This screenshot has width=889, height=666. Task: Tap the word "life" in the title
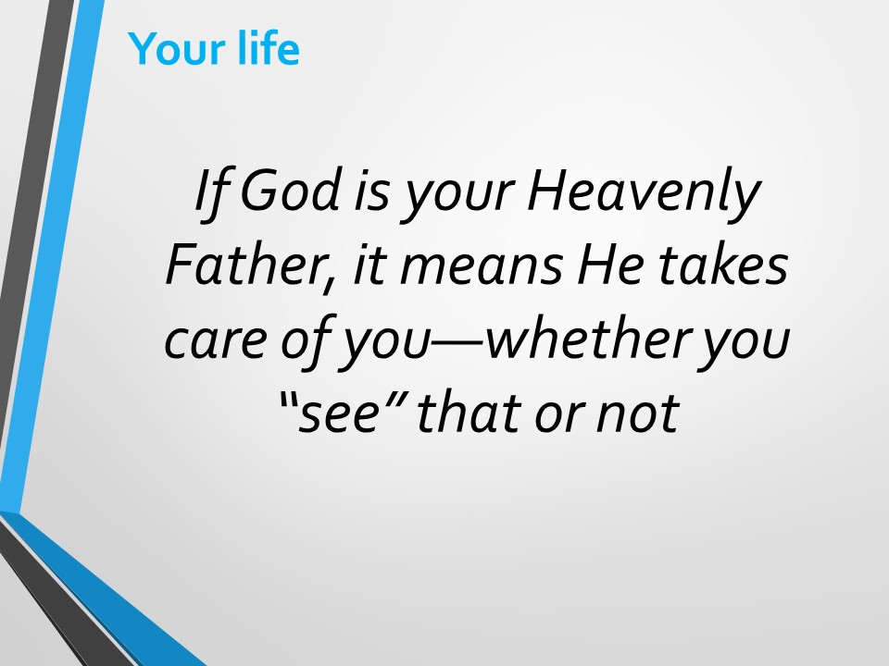(x=269, y=48)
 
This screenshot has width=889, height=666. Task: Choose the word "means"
(x=482, y=269)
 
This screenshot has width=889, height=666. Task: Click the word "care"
(x=216, y=341)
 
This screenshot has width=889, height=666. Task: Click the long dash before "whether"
(x=457, y=342)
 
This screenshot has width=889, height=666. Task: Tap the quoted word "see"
(x=339, y=413)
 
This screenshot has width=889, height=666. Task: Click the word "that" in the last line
(x=469, y=411)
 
